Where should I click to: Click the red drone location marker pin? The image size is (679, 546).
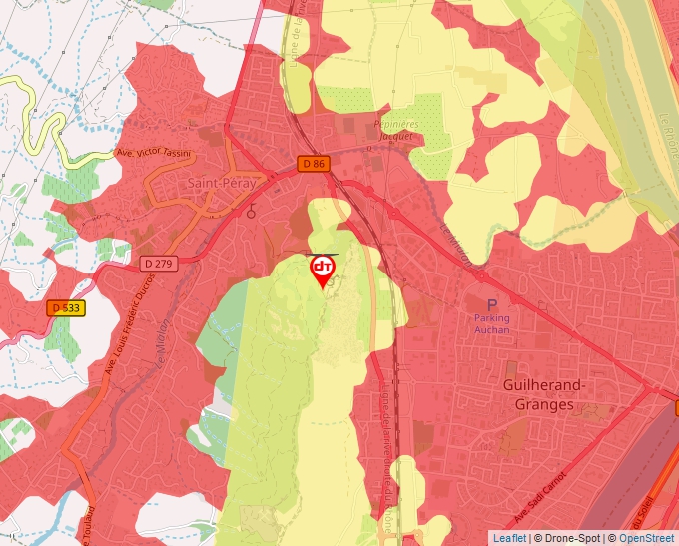pyautogui.click(x=322, y=270)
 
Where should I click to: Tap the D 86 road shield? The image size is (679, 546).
pyautogui.click(x=313, y=163)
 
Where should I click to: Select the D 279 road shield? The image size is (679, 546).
pyautogui.click(x=158, y=264)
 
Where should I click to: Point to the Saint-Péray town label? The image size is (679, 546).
pyautogui.click(x=222, y=184)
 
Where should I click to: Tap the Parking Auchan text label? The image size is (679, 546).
pyautogui.click(x=490, y=324)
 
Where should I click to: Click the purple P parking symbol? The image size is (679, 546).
pyautogui.click(x=490, y=305)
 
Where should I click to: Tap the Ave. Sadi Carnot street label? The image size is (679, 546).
pyautogui.click(x=540, y=500)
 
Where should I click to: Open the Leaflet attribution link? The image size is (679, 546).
pyautogui.click(x=509, y=538)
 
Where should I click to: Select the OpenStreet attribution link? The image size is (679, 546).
pyautogui.click(x=648, y=538)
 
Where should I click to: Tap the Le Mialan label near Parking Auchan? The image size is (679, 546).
pyautogui.click(x=455, y=243)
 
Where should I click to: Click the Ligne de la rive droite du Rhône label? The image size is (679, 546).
pyautogui.click(x=387, y=459)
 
